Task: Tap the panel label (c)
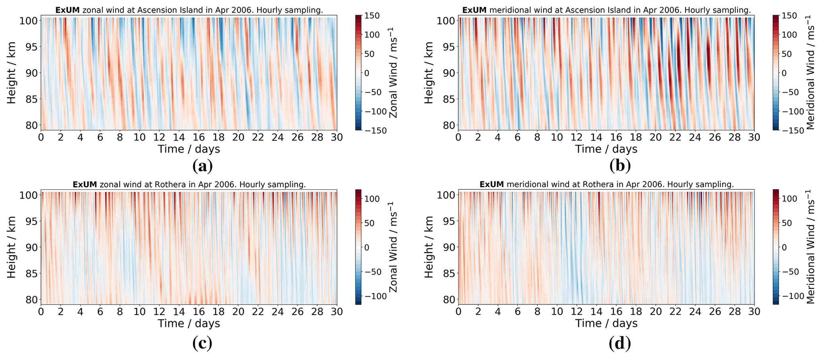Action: tap(202, 342)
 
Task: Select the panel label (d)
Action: tap(620, 342)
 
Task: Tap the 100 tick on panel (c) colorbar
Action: tap(372, 199)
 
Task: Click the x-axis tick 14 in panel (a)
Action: tap(179, 137)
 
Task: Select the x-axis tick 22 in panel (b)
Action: tap(675, 137)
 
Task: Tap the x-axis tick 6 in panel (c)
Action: tap(100, 311)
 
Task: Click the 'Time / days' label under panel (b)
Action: tap(606, 149)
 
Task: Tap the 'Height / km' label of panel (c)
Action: tap(11, 247)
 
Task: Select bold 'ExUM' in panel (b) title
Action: tap(474, 10)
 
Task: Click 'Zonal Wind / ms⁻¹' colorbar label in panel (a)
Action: tap(393, 72)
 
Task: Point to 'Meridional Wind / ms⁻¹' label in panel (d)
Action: tap(811, 247)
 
